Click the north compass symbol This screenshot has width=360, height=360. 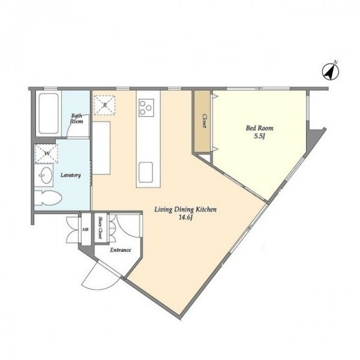[331, 71]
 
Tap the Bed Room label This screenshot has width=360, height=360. [260, 128]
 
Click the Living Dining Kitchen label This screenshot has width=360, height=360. [185, 209]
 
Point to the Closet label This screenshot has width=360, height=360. [204, 121]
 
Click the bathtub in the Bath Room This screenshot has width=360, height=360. [49, 113]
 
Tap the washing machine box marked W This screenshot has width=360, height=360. [46, 154]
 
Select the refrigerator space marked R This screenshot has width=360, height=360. [104, 105]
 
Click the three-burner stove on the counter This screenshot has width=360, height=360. [146, 108]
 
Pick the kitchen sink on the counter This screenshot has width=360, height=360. [146, 172]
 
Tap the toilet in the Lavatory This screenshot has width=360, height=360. [48, 198]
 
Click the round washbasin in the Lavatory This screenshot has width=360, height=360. [44, 175]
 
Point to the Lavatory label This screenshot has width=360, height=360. [71, 175]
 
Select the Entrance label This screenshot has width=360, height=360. [121, 250]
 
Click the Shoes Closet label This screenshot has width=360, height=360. [100, 227]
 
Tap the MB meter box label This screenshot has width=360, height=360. [85, 229]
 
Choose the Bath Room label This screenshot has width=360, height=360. [77, 118]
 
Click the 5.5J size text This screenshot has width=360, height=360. [260, 136]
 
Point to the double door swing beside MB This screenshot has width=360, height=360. [73, 230]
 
